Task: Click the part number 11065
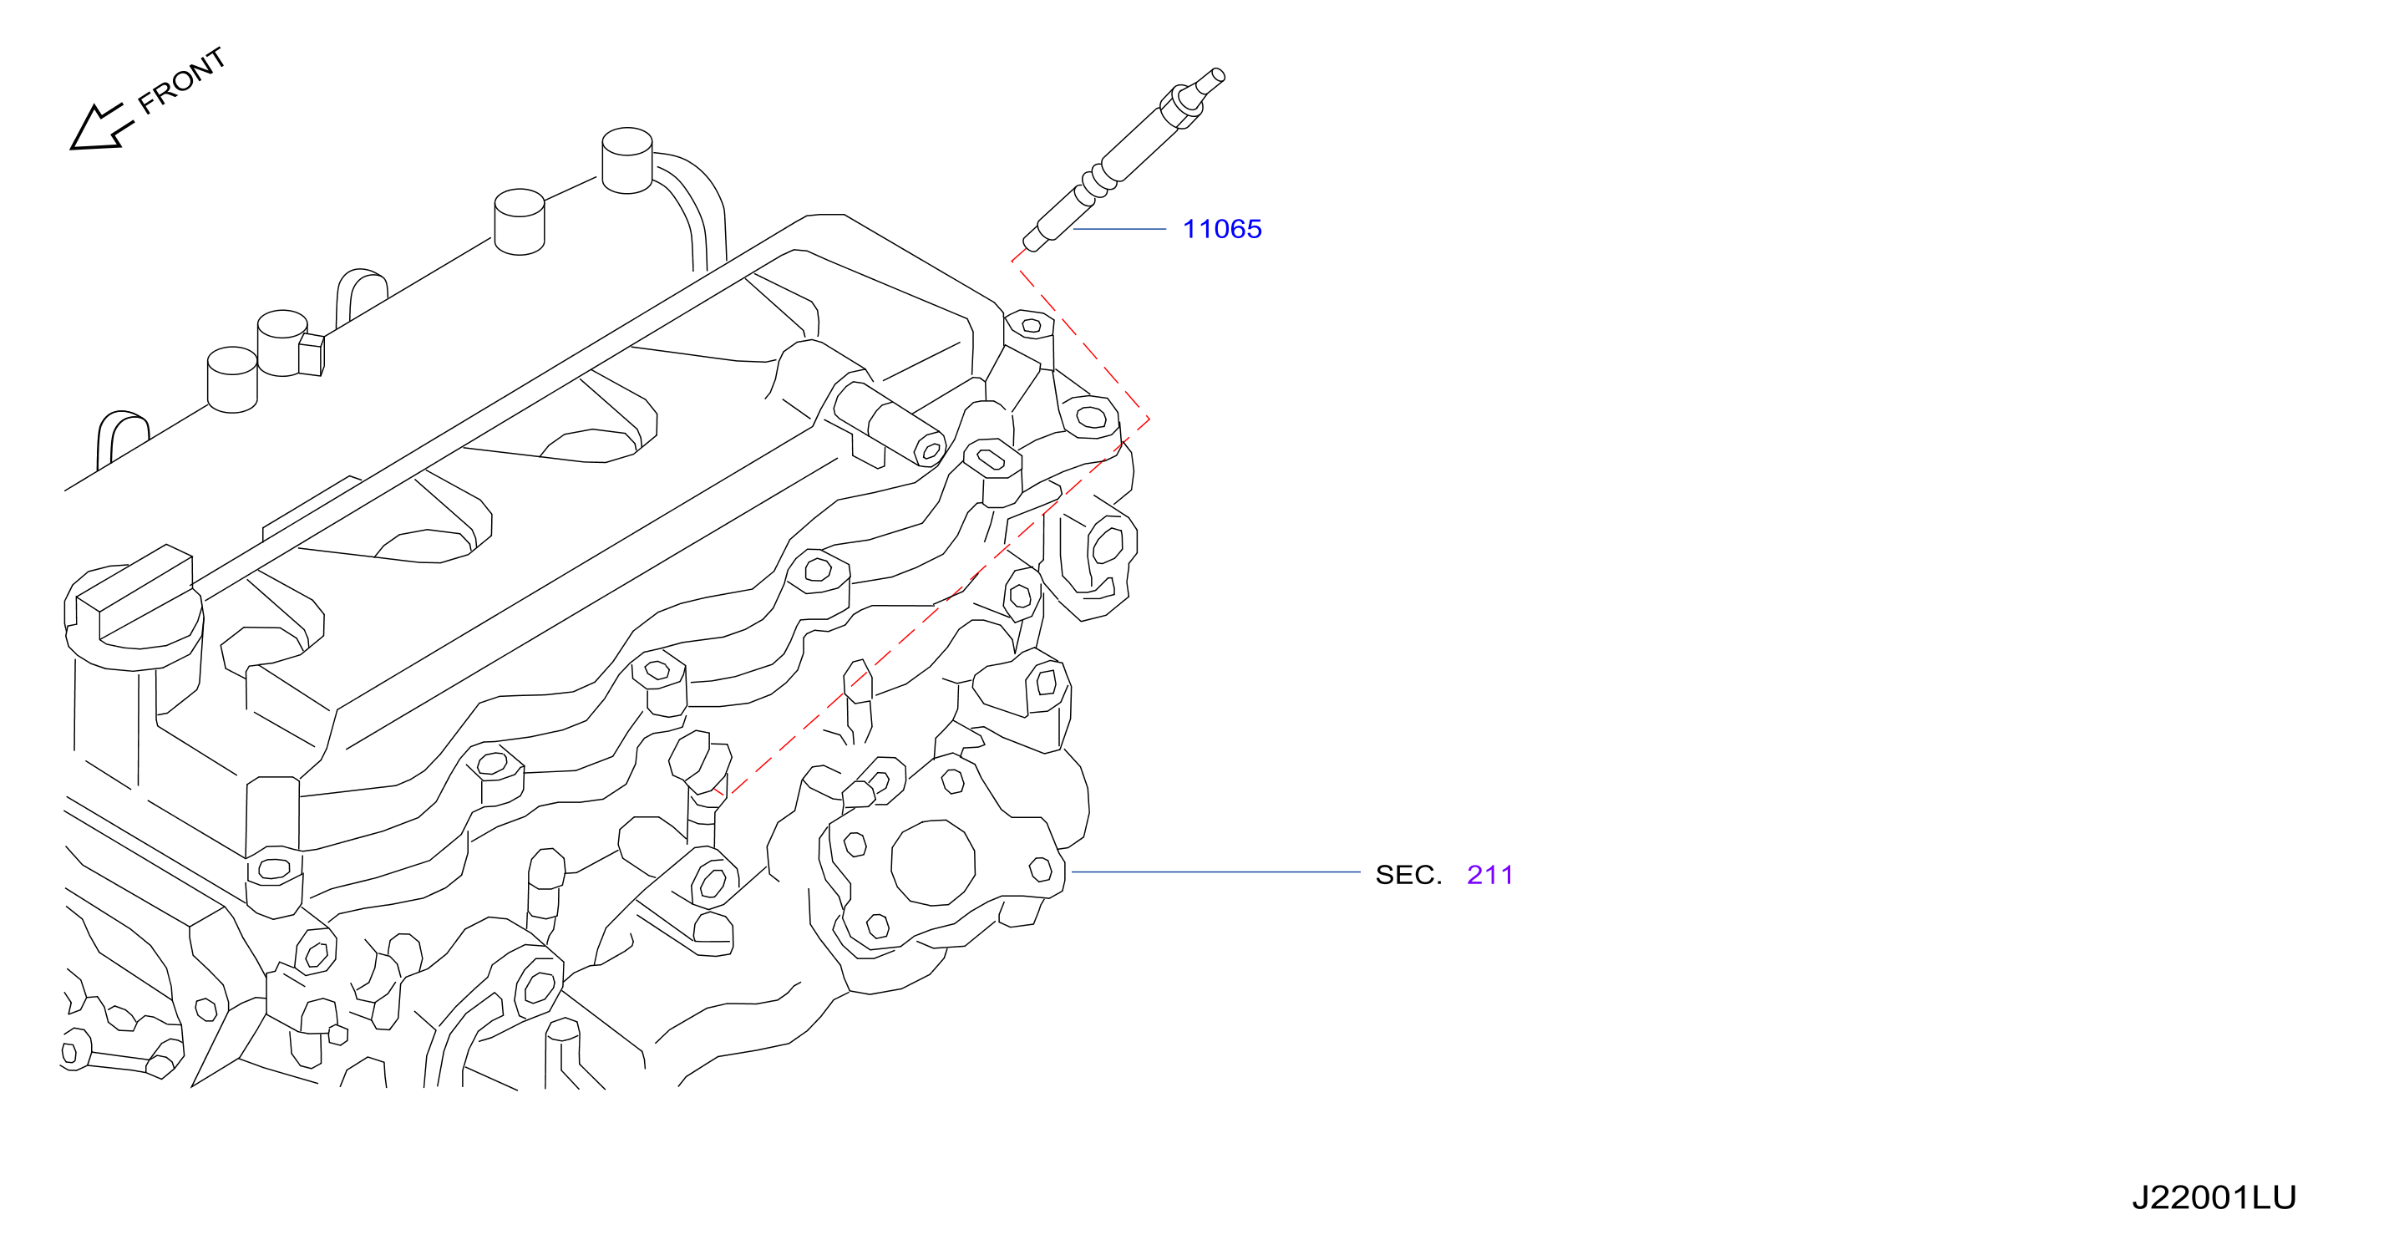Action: pos(1221,229)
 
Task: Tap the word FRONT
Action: pos(182,81)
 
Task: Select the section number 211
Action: pos(1489,875)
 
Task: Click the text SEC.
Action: pos(1408,875)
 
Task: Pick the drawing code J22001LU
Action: pos(2214,1197)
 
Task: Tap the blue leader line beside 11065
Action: pos(1119,228)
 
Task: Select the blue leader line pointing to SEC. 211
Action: pos(1216,872)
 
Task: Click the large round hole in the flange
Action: pos(933,862)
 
